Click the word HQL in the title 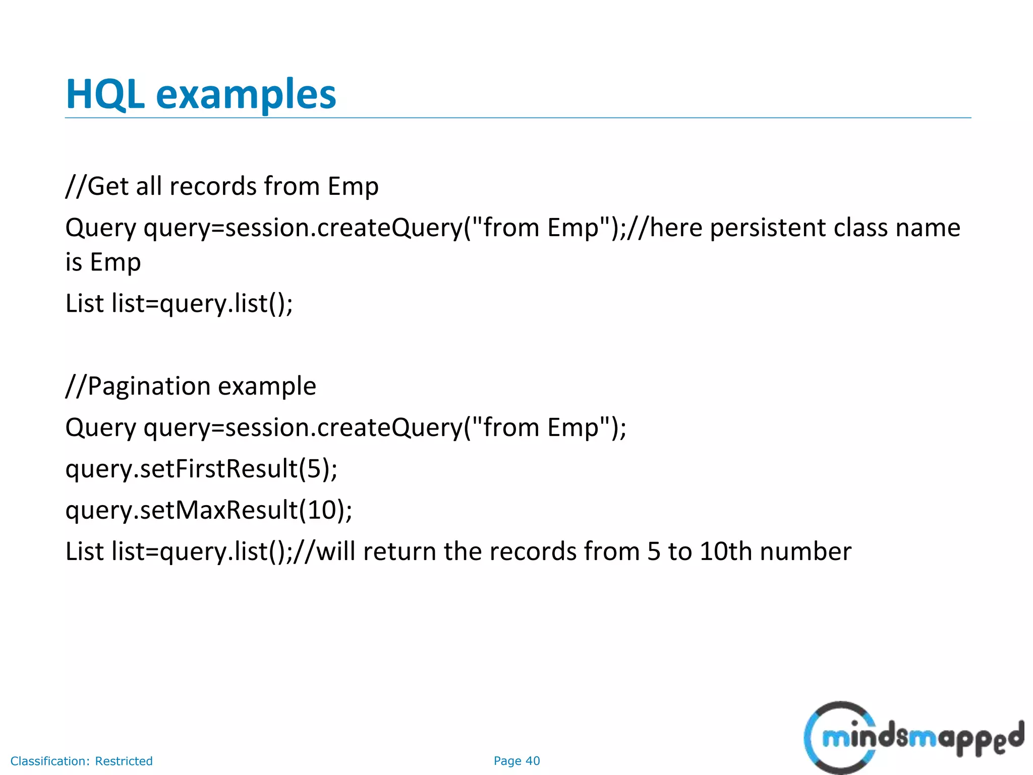(105, 95)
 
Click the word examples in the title (246, 95)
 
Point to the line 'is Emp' (103, 262)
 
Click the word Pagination (149, 386)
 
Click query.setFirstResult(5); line (201, 469)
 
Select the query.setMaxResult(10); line (209, 510)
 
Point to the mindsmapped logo (913, 738)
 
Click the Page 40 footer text (516, 761)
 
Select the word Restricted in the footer (124, 761)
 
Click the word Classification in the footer (50, 761)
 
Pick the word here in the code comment (676, 228)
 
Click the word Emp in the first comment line (353, 186)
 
